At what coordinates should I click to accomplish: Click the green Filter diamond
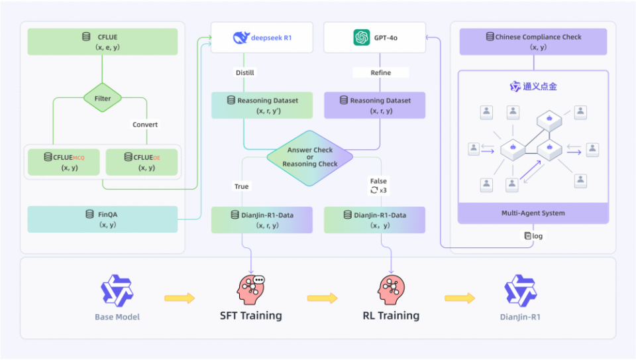coord(102,98)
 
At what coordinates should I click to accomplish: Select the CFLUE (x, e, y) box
coord(102,41)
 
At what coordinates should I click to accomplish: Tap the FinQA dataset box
coord(102,219)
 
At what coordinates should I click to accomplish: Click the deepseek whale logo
coord(241,37)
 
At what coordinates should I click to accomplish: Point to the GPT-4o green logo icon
coord(362,37)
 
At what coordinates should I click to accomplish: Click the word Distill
coord(245,73)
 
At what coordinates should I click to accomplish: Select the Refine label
coord(380,73)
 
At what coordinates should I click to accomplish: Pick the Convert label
coord(145,125)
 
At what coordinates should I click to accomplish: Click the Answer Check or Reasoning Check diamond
coord(310,158)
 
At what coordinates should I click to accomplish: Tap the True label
coord(241,186)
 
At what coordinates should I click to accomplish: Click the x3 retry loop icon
coord(374,190)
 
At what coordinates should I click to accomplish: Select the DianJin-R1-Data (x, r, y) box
coord(262,220)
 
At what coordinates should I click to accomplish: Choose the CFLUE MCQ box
coord(64,162)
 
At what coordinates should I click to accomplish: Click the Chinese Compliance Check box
coord(533,41)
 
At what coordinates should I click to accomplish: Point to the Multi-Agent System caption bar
coord(533,213)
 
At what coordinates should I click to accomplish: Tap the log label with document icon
coord(533,236)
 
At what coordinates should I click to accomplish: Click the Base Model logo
coord(117,290)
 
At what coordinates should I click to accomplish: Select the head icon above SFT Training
coord(250,290)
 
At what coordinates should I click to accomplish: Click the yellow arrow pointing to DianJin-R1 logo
coord(460,298)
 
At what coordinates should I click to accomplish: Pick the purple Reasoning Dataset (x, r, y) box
coord(374,105)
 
